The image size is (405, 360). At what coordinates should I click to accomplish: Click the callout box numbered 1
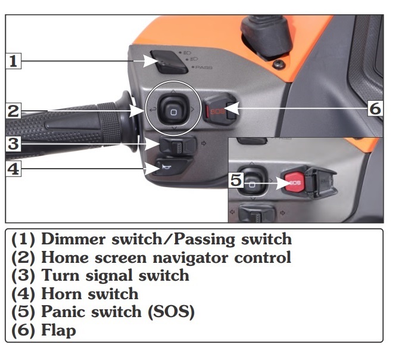13,61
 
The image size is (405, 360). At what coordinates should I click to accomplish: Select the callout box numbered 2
13,111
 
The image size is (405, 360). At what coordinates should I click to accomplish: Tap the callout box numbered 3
13,144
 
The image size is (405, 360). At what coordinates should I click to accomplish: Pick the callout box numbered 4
13,169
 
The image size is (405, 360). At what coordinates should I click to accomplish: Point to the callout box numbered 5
236,180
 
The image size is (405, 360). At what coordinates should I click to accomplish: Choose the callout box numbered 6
375,108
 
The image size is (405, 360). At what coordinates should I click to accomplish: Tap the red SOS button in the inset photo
293,182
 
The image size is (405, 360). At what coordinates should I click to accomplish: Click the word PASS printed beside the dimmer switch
204,67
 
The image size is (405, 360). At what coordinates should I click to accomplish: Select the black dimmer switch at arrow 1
169,62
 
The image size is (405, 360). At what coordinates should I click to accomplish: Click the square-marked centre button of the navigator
173,111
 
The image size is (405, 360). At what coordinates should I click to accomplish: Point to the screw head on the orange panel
279,64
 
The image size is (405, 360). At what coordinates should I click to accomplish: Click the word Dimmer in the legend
73,239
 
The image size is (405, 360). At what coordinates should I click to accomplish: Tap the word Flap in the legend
58,330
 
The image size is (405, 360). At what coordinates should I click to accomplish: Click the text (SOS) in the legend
171,312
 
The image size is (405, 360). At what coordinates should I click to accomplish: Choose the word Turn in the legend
60,275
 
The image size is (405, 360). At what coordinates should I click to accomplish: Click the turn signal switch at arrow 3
177,145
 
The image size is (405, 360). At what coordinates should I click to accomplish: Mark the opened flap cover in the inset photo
321,181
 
